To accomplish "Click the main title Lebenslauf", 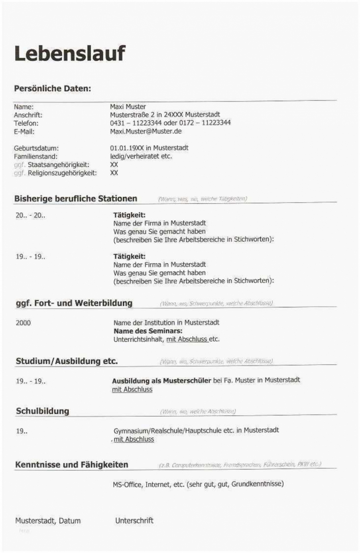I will tap(70, 53).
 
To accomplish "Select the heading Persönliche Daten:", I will tap(52, 89).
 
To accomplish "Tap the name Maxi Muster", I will tap(128, 107).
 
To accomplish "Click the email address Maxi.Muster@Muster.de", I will tap(146, 131).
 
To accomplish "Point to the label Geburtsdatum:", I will tap(36, 148).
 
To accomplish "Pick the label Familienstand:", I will tap(35, 157).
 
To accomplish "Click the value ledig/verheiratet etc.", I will tap(141, 156).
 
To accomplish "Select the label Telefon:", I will tap(26, 123).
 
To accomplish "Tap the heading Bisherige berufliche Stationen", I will tap(75, 199).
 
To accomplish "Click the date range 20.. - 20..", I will tap(30, 215).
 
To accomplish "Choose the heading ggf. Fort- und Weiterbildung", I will tap(74, 303).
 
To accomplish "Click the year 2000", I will tap(23, 323).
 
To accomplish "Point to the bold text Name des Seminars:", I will tap(148, 331).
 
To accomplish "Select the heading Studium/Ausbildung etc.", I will tap(67, 361).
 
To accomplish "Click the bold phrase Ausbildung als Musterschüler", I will tap(161, 381).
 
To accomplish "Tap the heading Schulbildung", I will tap(42, 411).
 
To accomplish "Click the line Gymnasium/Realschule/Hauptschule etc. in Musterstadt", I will tap(196, 431).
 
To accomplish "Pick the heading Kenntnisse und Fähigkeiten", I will tap(71, 465).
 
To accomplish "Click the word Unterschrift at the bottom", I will tap(134, 521).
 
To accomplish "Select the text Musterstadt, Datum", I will tap(48, 521).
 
